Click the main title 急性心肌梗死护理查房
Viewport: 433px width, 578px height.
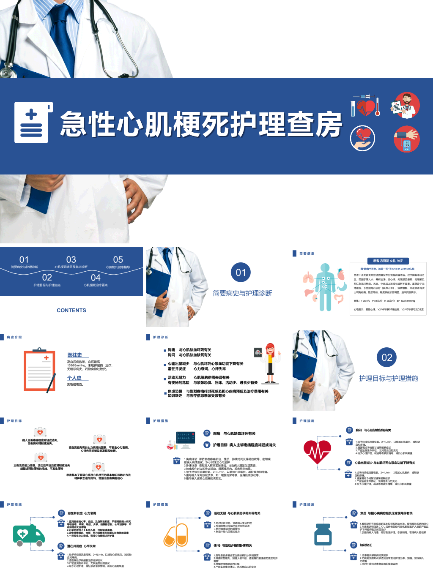(x=201, y=125)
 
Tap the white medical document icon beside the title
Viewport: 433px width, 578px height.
(x=33, y=123)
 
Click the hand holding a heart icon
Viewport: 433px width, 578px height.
(x=362, y=138)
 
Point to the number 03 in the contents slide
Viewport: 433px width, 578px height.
(x=71, y=259)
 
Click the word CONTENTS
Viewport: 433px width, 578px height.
(x=71, y=311)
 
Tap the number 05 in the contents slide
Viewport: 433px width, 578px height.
(x=118, y=259)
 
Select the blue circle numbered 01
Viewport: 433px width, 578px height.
(x=241, y=273)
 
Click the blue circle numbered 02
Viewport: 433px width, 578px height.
(x=386, y=357)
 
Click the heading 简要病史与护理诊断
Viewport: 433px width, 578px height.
(x=242, y=293)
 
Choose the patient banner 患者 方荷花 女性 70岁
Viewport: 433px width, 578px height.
(x=388, y=261)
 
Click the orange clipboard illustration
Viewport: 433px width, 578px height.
(x=40, y=370)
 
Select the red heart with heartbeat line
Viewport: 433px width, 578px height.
(x=317, y=453)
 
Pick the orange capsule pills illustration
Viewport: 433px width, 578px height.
(x=176, y=535)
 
